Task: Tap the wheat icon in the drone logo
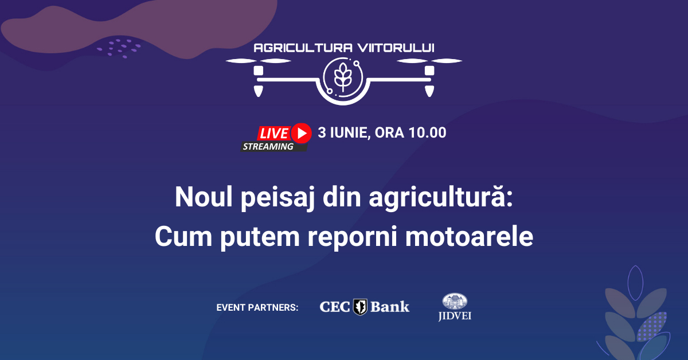(x=343, y=77)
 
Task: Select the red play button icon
(x=301, y=133)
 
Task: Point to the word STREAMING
(x=268, y=147)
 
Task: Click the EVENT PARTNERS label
(x=257, y=308)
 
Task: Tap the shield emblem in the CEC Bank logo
(x=360, y=307)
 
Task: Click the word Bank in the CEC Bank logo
(x=390, y=307)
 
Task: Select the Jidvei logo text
(x=455, y=316)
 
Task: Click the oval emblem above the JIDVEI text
(x=455, y=302)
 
